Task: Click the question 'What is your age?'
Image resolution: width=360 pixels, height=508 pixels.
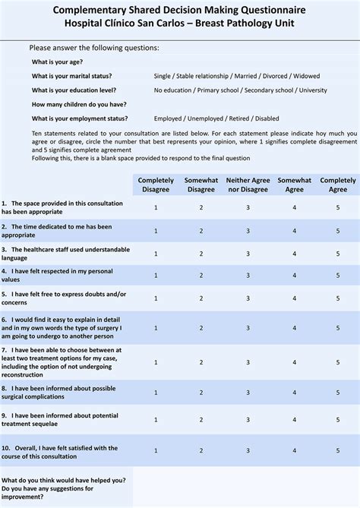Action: click(58, 62)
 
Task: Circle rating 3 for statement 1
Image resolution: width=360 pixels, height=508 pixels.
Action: click(248, 207)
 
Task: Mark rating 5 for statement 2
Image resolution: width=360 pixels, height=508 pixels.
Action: click(338, 231)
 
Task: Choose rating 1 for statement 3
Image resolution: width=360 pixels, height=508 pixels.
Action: click(156, 254)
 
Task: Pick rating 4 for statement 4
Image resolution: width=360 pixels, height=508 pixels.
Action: click(294, 276)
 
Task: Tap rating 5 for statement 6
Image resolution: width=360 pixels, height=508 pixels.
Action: click(338, 327)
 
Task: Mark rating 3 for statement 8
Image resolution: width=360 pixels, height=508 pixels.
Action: click(248, 392)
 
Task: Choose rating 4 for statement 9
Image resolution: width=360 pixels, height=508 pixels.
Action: click(294, 421)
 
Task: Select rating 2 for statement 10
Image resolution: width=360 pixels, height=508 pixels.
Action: click(201, 451)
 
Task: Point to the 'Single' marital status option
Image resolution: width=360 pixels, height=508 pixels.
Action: click(163, 76)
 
